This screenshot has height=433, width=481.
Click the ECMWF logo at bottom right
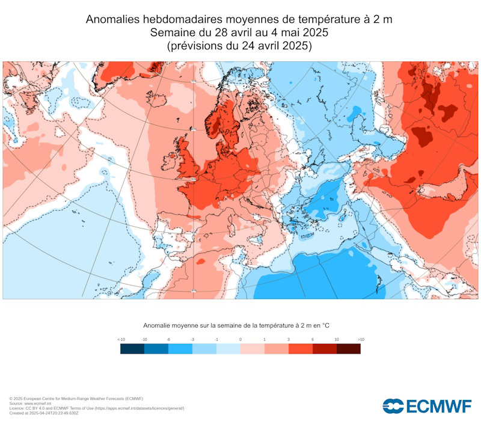point(427,406)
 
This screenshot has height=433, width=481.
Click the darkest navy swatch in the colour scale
point(132,349)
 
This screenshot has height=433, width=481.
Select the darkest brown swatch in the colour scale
point(349,349)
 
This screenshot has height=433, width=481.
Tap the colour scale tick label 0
point(240,340)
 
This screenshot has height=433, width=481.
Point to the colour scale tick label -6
point(168,340)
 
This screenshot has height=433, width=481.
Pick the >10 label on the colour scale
point(361,340)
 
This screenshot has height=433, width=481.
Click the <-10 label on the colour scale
point(121,340)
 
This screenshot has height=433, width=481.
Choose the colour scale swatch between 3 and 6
point(301,349)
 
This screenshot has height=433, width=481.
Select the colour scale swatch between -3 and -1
point(204,349)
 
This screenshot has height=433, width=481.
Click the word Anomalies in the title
point(114,19)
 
